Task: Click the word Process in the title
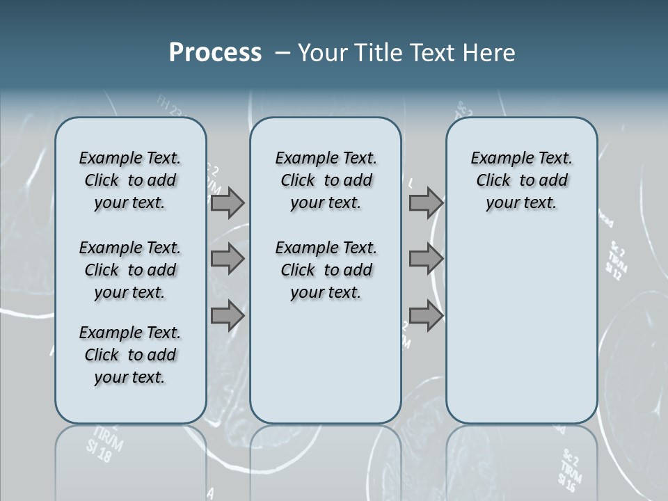tap(215, 52)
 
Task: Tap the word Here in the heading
tap(491, 53)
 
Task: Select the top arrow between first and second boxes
tap(228, 203)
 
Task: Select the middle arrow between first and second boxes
tap(228, 259)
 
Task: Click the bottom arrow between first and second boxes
tap(228, 315)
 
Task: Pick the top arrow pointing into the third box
tap(426, 203)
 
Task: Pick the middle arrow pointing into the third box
tap(426, 259)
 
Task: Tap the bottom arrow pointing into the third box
tap(426, 315)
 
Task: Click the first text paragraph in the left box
tap(130, 180)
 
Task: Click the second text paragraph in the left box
tap(130, 270)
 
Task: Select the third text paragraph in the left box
tap(130, 355)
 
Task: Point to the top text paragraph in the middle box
tap(326, 180)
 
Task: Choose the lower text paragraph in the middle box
tap(326, 270)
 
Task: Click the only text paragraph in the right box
tap(521, 180)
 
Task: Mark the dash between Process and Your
tap(282, 53)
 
